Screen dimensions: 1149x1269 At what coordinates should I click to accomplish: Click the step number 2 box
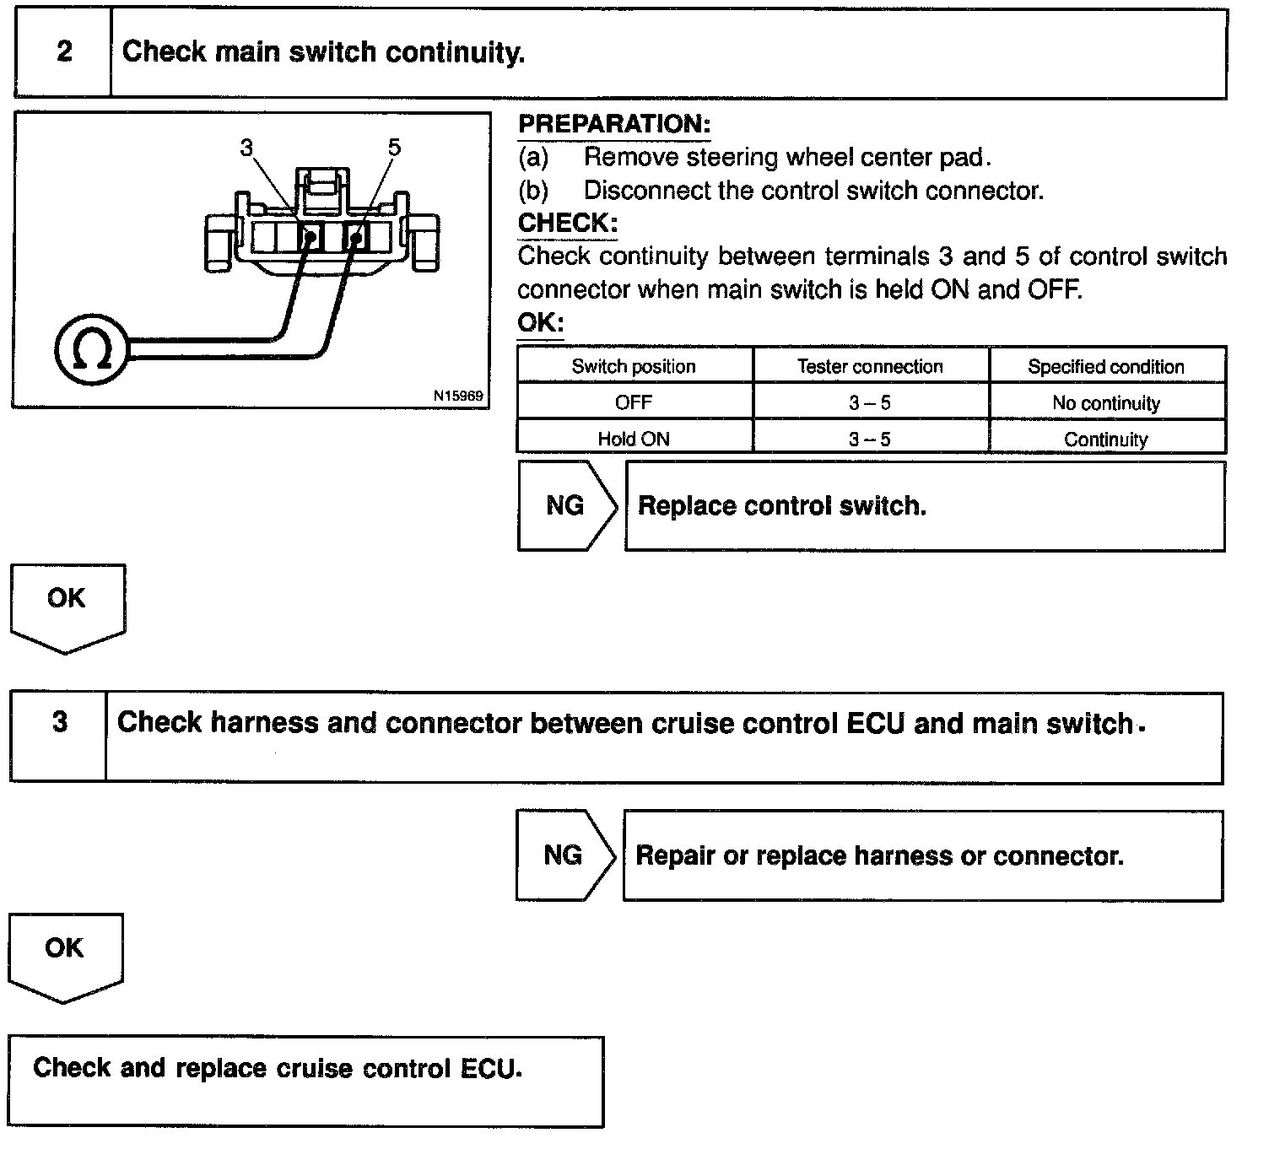coord(64,52)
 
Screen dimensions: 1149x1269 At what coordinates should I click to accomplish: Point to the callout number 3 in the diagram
coord(246,148)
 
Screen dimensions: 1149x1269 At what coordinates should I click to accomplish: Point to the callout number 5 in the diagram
coord(394,148)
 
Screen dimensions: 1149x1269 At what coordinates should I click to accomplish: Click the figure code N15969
coord(458,395)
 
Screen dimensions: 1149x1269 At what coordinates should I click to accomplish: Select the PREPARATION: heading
coord(614,124)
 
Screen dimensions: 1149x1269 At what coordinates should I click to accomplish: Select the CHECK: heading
coord(568,223)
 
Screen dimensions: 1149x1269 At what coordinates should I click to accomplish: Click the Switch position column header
coord(634,366)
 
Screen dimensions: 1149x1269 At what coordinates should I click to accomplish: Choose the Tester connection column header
coord(870,366)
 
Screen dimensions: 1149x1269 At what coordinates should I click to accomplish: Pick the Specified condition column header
coord(1105,366)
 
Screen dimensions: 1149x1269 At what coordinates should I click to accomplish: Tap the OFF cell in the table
coord(634,402)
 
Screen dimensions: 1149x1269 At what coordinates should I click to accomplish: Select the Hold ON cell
coord(634,439)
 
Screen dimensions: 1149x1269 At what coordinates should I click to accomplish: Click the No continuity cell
coord(1105,403)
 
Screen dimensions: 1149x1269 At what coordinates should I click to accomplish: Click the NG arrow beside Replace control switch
coord(565,505)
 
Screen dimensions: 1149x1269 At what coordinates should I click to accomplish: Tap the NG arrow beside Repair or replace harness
coord(564,855)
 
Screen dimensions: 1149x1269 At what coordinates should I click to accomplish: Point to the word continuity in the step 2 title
coord(455,52)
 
